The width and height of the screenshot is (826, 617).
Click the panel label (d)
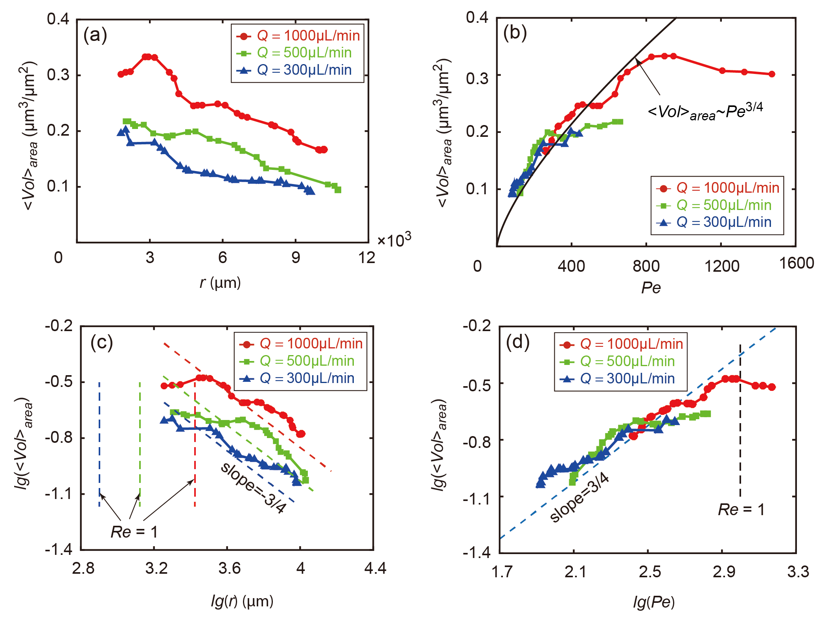517,342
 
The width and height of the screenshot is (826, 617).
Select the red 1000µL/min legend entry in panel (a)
298,36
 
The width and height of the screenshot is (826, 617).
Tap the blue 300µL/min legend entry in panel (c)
301,378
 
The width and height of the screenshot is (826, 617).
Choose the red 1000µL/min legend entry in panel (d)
621,344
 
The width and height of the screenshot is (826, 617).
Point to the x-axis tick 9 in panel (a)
296,258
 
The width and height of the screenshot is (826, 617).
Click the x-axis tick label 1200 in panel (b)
722,266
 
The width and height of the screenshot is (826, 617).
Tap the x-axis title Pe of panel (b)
651,288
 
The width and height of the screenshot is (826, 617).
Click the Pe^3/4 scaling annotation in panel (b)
705,111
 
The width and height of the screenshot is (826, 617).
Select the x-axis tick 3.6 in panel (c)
229,568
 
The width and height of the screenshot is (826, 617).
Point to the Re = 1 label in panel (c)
134,532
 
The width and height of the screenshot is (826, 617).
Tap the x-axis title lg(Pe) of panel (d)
653,602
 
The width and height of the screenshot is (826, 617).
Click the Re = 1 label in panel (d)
741,510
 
